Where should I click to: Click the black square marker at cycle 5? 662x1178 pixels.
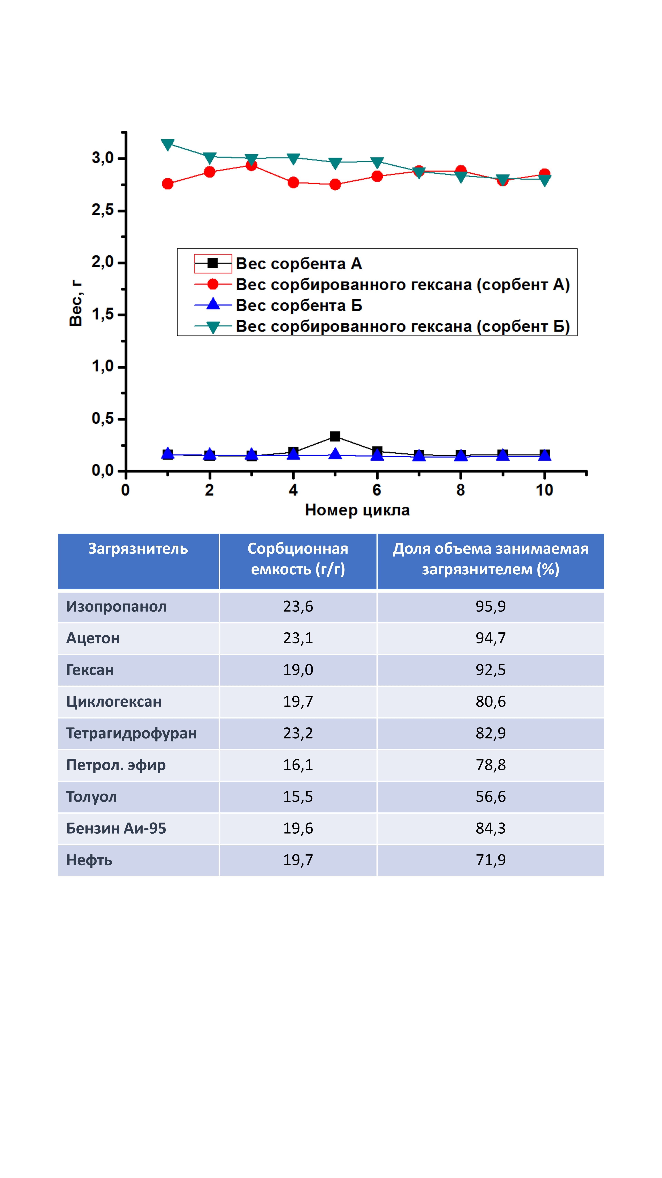tap(335, 436)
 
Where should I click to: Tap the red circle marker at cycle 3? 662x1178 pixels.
tap(251, 165)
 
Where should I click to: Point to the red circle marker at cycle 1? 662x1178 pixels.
tap(168, 184)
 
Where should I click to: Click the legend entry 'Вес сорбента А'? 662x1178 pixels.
tap(299, 264)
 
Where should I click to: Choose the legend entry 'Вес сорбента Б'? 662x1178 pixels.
tap(299, 305)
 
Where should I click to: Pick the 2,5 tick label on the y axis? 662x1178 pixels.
tap(102, 210)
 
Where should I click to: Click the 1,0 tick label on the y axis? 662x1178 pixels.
tap(102, 366)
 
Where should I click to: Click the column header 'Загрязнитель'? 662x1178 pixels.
tap(138, 549)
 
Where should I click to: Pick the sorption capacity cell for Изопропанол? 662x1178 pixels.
tap(298, 606)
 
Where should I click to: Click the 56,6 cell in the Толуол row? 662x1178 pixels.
tap(491, 797)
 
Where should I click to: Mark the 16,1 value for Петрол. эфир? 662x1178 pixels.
tap(298, 765)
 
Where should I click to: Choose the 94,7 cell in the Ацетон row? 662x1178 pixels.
tap(491, 638)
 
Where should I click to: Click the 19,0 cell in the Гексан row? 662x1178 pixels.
tap(298, 670)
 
